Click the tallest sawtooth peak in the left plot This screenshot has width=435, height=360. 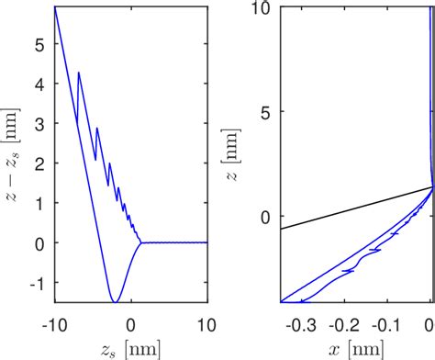79,73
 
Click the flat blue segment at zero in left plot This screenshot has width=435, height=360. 174,242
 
